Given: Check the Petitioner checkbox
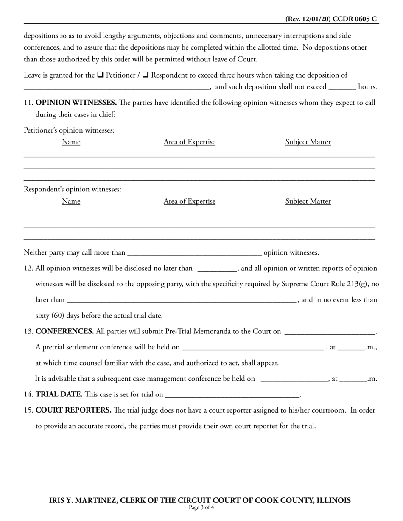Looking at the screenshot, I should tap(100, 75).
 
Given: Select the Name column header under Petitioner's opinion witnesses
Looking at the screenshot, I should tap(71, 142).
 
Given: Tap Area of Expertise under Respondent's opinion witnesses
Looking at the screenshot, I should tap(189, 202).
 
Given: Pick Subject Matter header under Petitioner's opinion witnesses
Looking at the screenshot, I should tap(308, 142).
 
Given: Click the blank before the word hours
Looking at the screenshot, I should tap(342, 87).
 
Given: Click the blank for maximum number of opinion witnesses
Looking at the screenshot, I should tap(194, 253).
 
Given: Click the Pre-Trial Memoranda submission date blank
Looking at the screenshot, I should tap(330, 332).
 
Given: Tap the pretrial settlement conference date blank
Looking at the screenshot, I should tap(252, 348).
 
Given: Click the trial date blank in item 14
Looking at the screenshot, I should tap(232, 395).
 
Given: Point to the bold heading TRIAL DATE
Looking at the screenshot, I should tap(59, 394).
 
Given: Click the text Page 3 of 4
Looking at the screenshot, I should tap(201, 507).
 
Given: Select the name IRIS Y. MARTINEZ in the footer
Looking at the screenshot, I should tap(82, 500).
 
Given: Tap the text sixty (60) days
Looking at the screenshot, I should tap(59, 316).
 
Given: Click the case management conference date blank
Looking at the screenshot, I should tap(294, 379).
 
